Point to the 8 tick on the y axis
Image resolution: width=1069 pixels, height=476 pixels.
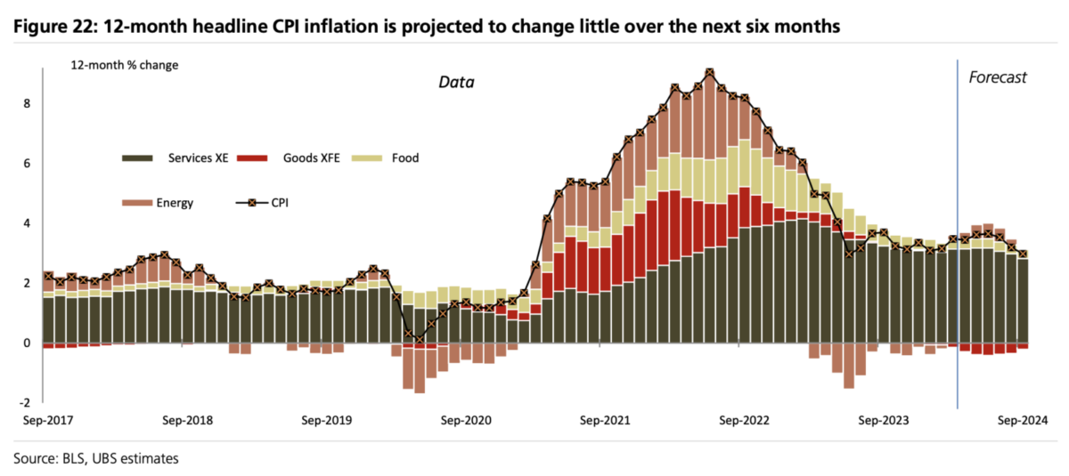[x=26, y=103]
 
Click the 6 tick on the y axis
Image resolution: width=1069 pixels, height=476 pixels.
[x=26, y=164]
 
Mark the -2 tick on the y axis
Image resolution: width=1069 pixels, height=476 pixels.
[x=24, y=402]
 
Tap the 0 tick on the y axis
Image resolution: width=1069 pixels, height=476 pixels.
[x=26, y=343]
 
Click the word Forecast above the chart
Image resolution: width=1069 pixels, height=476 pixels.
[x=998, y=77]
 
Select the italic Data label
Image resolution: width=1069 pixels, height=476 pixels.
[x=456, y=83]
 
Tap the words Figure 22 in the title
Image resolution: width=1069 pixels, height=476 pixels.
[x=53, y=28]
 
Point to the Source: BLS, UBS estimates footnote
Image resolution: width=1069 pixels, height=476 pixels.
[x=96, y=459]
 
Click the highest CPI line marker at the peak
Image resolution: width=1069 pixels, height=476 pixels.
[x=709, y=73]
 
